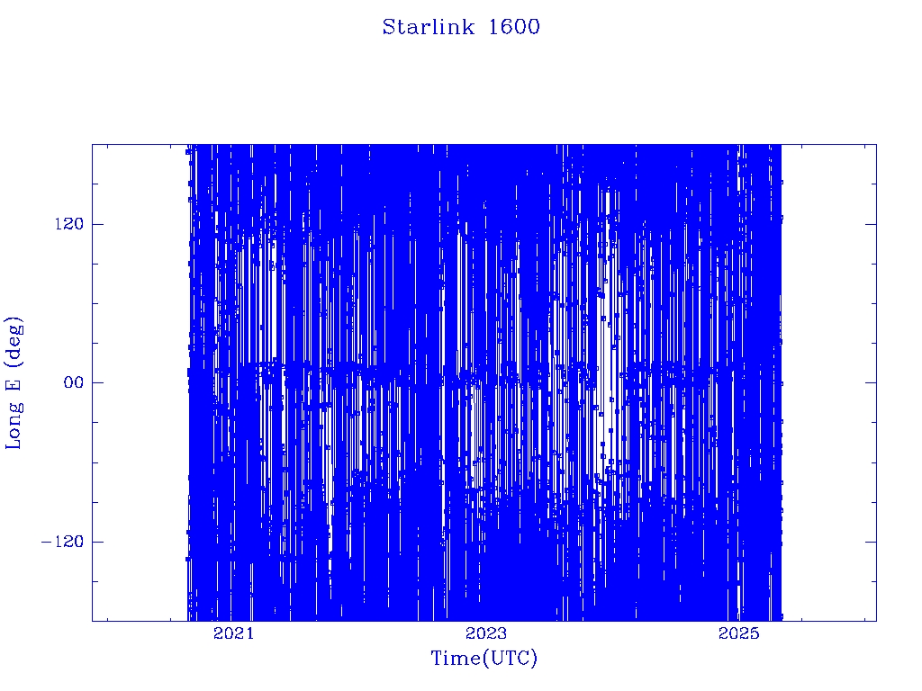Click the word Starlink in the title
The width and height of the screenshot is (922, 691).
tap(428, 27)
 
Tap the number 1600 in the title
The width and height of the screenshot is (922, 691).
tap(514, 27)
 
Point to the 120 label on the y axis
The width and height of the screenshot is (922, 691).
tap(69, 224)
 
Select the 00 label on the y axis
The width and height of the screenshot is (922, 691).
tap(74, 382)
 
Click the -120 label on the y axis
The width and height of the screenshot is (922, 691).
tap(62, 542)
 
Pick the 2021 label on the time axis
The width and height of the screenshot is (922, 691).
tap(233, 633)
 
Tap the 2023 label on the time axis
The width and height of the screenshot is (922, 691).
tap(485, 633)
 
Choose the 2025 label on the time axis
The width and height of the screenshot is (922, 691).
tap(738, 633)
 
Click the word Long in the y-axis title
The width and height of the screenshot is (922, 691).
tap(14, 426)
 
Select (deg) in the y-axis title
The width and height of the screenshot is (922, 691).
tap(14, 340)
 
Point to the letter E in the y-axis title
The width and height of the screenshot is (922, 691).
tap(13, 383)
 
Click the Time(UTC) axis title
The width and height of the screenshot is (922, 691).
tap(484, 658)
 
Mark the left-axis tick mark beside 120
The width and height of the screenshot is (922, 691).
tap(97, 224)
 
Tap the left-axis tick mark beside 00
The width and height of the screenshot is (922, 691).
tap(97, 382)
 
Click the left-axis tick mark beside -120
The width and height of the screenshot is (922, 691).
tap(97, 542)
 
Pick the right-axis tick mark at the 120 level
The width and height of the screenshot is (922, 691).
tap(871, 224)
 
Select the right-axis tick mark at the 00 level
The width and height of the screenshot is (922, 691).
tap(871, 382)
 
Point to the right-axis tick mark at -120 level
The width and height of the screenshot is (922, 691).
tap(871, 542)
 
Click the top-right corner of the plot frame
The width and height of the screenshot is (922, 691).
tap(876, 145)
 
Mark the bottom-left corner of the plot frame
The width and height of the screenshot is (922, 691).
tap(93, 621)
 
